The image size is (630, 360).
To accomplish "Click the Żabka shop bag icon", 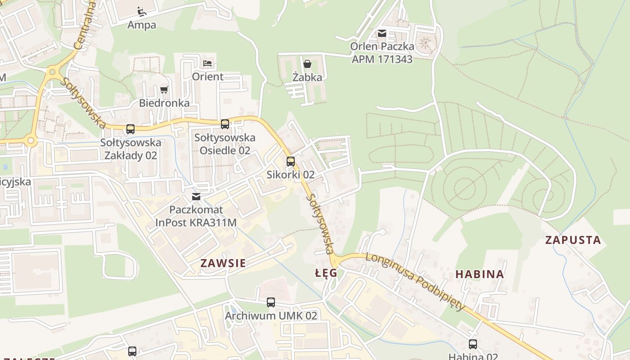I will pos(307,64).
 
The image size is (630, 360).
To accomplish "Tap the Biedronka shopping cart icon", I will pos(164,90).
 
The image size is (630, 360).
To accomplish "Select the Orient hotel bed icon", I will pos(207,63).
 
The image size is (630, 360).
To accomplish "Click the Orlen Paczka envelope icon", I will pos(382,33).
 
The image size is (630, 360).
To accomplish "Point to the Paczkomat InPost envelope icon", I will pos(196,197).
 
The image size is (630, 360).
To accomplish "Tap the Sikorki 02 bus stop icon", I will pos(291,162).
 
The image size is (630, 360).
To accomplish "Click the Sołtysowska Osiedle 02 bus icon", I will pos(225,124).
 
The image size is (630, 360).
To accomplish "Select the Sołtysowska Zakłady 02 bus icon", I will pos(130,129).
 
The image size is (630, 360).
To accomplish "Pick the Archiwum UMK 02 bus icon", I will pos(271,302).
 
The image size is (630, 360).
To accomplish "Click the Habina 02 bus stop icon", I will pos(473,344).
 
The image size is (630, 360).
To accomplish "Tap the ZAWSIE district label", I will pos(223,263).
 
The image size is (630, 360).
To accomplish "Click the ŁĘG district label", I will pos(326,273).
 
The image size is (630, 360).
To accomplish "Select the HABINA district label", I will pos(480,274).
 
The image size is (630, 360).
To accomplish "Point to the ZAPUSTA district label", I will pos(573,240).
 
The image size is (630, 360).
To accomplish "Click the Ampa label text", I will pos(142,25).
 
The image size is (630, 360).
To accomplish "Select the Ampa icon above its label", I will pos(142,11).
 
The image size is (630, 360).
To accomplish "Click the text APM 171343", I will pos(382,59).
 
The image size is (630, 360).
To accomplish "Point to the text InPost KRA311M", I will pos(196,222).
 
